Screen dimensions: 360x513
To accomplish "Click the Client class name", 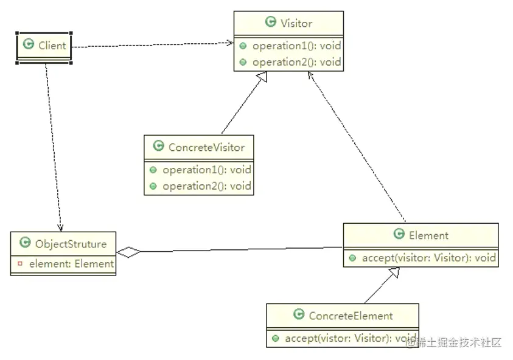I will click(52, 45).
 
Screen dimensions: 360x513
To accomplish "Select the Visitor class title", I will click(296, 23).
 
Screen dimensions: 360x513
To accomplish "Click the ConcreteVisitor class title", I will click(206, 147).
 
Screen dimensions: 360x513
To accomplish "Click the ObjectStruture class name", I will click(71, 244).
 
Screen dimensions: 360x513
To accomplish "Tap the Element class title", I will click(428, 235).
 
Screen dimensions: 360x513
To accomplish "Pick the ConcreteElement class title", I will click(351, 316).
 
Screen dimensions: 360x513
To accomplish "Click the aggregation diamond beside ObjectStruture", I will click(128, 252).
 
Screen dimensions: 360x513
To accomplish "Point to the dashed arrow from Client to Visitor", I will click(152, 44).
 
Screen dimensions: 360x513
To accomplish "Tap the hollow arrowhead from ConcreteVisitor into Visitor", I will click(262, 77).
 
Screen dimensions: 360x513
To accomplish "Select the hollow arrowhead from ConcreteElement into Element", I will click(394, 274).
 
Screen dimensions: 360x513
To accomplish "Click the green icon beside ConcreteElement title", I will click(299, 314).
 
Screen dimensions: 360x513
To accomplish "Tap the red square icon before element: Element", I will click(20, 263).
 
